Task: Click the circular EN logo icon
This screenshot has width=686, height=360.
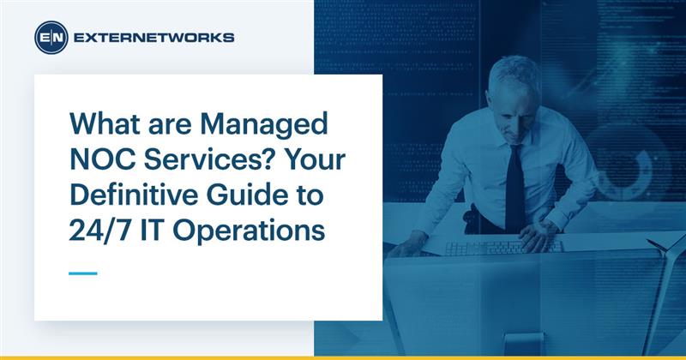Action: coord(51,38)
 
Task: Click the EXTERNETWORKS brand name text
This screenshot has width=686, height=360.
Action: coord(154,38)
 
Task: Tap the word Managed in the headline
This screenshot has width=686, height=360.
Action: coord(273,125)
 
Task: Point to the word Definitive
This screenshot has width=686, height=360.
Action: coord(132,196)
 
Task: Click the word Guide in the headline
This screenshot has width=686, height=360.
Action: coord(250,196)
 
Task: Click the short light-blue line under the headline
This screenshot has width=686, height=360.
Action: coord(83,273)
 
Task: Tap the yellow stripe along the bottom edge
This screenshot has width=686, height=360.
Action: coord(343,357)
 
